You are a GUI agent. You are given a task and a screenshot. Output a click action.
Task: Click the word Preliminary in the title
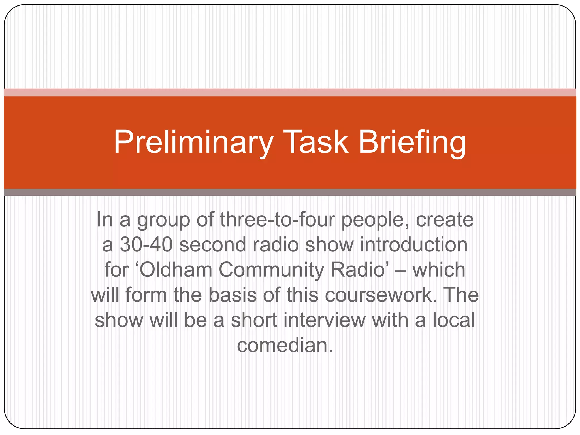pyautogui.click(x=193, y=142)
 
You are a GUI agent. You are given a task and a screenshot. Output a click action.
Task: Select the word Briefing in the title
pyautogui.click(x=412, y=142)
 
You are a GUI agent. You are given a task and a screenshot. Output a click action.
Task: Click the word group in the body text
pyautogui.click(x=164, y=220)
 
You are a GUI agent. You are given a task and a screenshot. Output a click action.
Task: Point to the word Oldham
pyautogui.click(x=176, y=270)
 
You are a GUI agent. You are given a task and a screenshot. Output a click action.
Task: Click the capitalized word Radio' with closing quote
pyautogui.click(x=359, y=270)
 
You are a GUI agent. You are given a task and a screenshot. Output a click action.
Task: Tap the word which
pyautogui.click(x=439, y=270)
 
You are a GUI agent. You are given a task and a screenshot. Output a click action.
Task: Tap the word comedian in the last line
pyautogui.click(x=284, y=345)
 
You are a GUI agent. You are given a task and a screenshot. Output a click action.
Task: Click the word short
pyautogui.click(x=254, y=320)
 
